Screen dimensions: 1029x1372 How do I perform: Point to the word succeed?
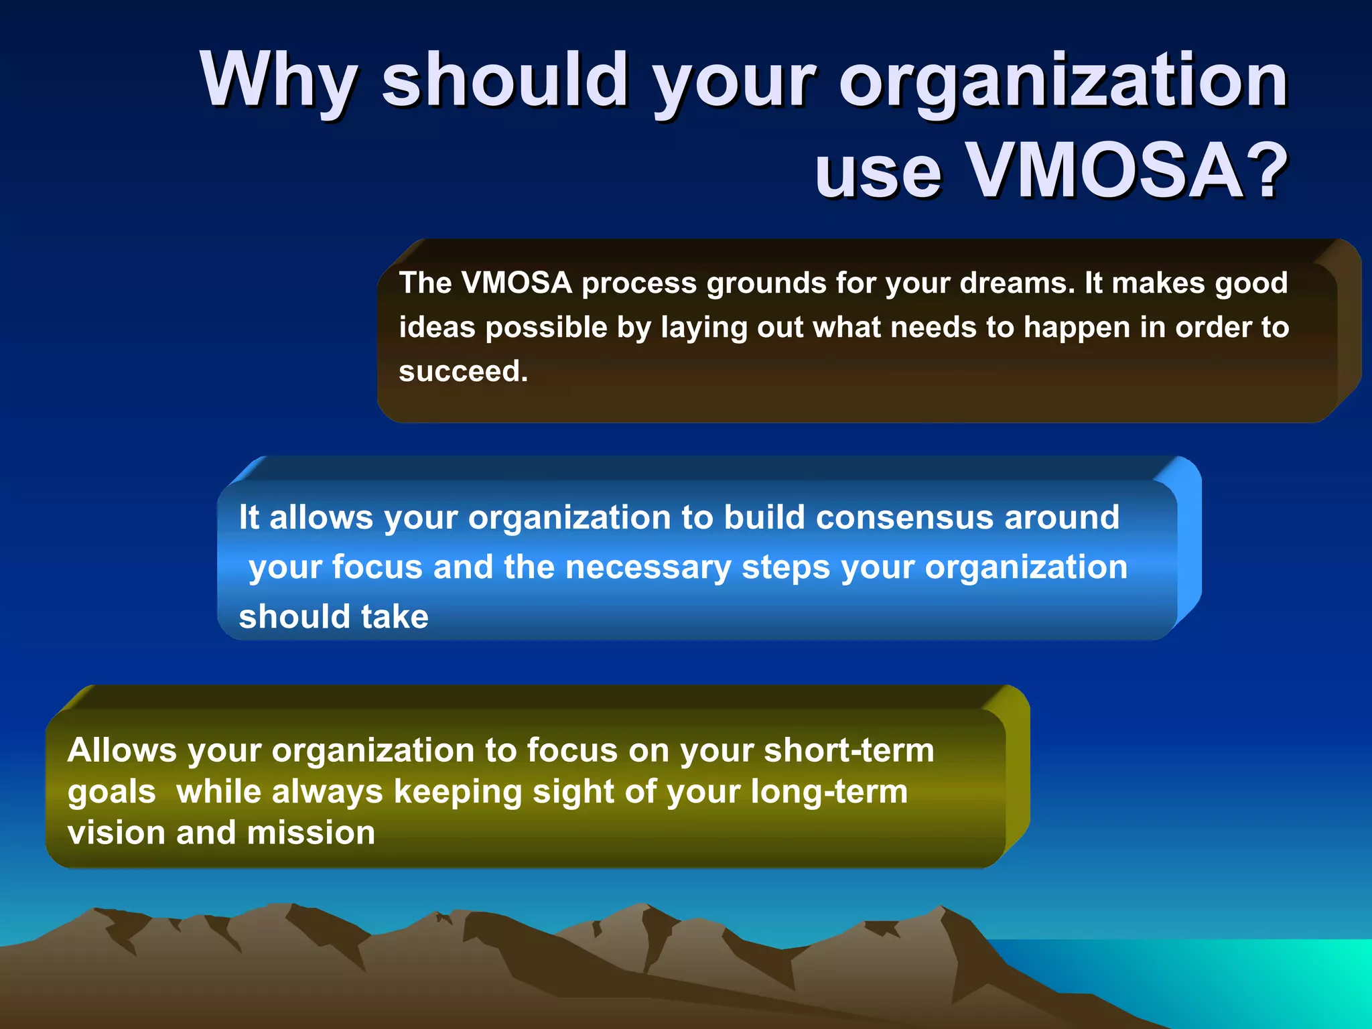click(463, 372)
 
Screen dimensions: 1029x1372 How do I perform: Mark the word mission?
click(311, 833)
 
